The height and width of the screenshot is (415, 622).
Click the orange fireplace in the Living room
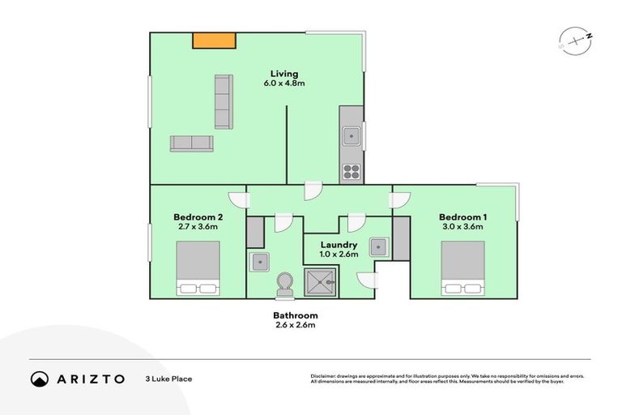tap(214, 41)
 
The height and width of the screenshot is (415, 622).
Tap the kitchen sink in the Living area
tap(351, 136)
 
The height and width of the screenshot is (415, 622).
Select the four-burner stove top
tap(351, 170)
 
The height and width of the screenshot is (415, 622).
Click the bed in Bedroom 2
tap(198, 268)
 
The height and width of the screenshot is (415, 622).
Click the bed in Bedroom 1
tap(462, 268)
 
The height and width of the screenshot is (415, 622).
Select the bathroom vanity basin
tap(260, 262)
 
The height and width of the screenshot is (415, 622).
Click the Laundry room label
tap(339, 245)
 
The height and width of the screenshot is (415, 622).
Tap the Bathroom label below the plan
tap(295, 315)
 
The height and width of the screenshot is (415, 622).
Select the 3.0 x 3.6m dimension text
tap(462, 228)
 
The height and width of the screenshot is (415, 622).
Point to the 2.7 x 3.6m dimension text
tap(198, 228)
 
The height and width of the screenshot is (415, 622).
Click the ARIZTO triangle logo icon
tap(40, 379)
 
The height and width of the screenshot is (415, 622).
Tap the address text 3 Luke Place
tap(168, 379)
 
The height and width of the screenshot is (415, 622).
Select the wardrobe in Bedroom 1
tap(401, 237)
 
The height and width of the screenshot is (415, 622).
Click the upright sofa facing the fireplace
tap(224, 101)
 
